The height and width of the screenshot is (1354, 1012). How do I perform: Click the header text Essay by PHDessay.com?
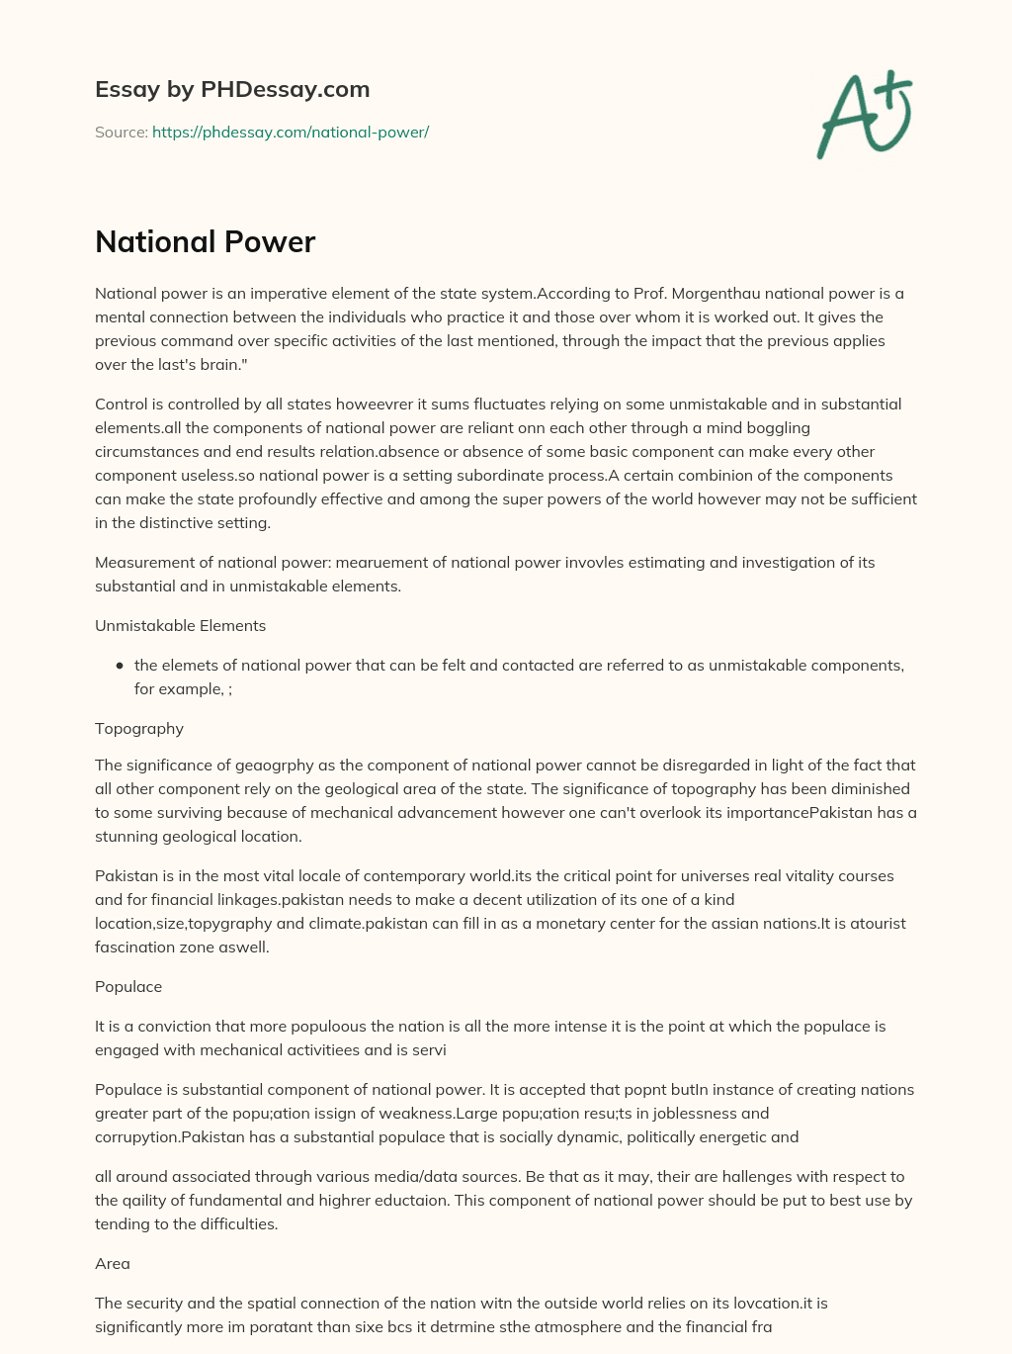232,89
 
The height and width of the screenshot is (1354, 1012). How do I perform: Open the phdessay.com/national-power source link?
291,132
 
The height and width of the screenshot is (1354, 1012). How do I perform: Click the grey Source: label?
121,132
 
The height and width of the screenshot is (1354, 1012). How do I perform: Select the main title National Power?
205,241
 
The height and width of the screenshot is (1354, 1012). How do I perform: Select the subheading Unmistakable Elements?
180,625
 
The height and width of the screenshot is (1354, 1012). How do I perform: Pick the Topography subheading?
139,728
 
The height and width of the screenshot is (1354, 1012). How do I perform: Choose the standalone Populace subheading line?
128,986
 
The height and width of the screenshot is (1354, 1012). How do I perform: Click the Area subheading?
113,1263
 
